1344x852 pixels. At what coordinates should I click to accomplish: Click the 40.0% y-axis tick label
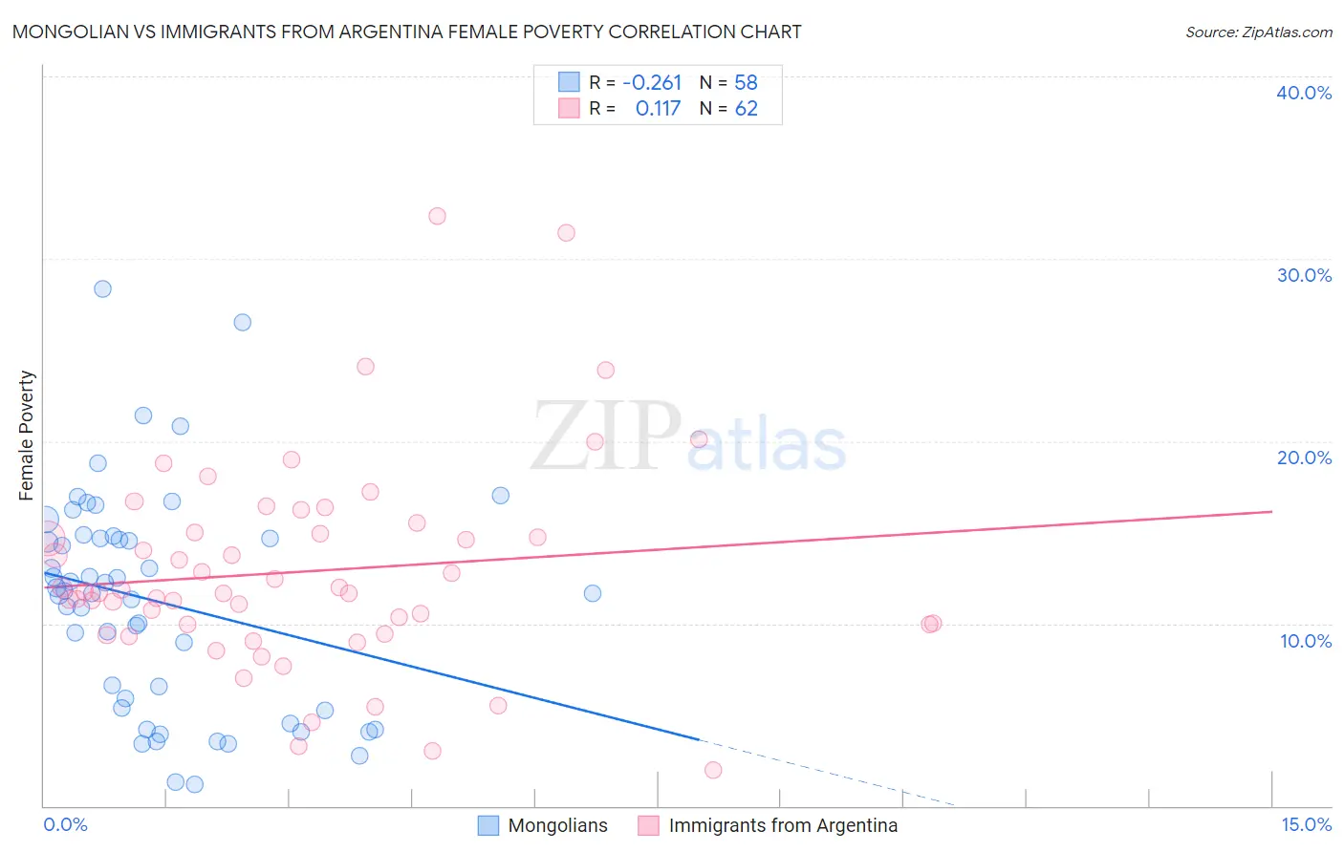[1303, 93]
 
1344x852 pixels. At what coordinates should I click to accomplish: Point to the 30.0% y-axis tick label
[1304, 275]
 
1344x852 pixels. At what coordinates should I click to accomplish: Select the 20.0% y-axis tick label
[1304, 458]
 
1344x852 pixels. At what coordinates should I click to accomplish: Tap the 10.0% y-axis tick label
[1305, 641]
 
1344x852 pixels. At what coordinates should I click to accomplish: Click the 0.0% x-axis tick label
[65, 824]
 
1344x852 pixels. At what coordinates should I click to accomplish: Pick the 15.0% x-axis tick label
[1306, 824]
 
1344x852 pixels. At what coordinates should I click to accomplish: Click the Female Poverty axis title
[27, 436]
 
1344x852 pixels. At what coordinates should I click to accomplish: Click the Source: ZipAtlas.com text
[1258, 32]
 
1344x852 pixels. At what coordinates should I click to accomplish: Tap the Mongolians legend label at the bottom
[557, 825]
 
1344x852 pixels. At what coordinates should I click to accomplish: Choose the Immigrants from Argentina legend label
[783, 825]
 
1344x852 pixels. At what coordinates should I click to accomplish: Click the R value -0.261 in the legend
[652, 83]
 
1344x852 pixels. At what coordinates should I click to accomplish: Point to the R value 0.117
[658, 109]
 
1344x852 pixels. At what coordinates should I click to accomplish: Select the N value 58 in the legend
[746, 83]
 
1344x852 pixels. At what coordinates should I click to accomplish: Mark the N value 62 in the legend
[746, 109]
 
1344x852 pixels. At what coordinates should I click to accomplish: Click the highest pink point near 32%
[437, 216]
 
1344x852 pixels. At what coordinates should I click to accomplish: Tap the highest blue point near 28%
[102, 288]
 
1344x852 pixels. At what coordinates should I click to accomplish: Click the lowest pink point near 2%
[712, 770]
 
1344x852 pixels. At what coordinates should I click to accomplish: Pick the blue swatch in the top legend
[569, 82]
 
